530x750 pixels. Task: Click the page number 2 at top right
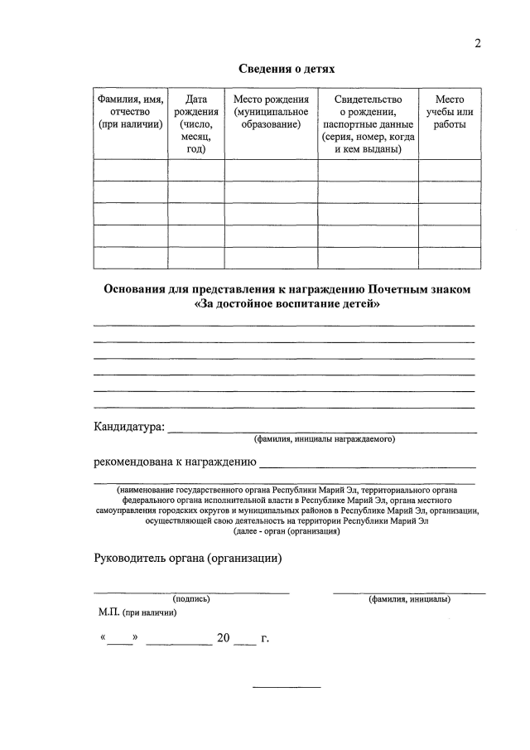[x=478, y=44]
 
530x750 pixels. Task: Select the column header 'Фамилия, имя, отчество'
[x=130, y=112]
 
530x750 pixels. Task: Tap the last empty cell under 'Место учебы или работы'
[x=449, y=258]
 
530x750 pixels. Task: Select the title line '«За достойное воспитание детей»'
[x=287, y=304]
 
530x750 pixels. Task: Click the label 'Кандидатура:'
[x=129, y=428]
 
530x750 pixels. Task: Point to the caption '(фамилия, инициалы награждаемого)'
[x=325, y=439]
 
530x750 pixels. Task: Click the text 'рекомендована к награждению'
[x=175, y=462]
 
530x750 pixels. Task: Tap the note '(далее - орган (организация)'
[x=287, y=531]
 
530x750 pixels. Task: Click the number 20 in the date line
[x=223, y=640]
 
